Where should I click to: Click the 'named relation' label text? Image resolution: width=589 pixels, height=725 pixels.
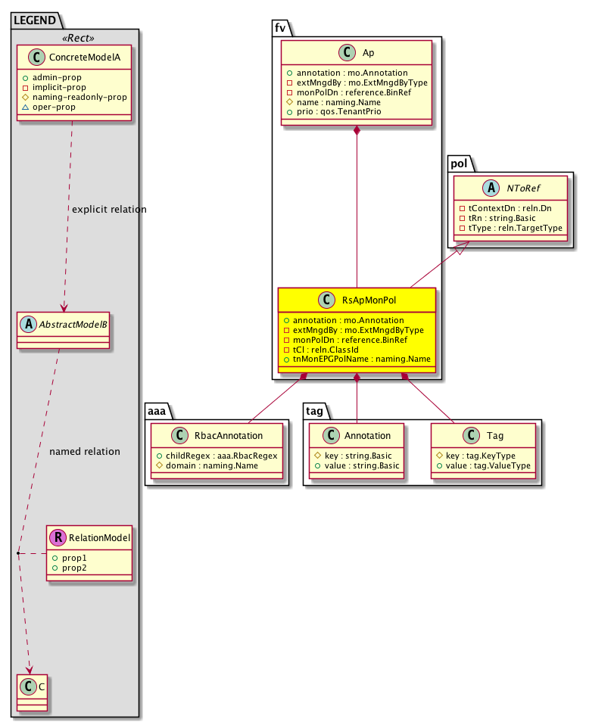click(x=85, y=452)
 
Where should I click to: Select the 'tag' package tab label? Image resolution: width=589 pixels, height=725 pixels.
click(x=316, y=409)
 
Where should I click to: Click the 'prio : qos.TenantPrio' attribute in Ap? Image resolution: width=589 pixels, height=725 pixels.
click(x=338, y=112)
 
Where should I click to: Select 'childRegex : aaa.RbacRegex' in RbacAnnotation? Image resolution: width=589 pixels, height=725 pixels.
click(x=220, y=456)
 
